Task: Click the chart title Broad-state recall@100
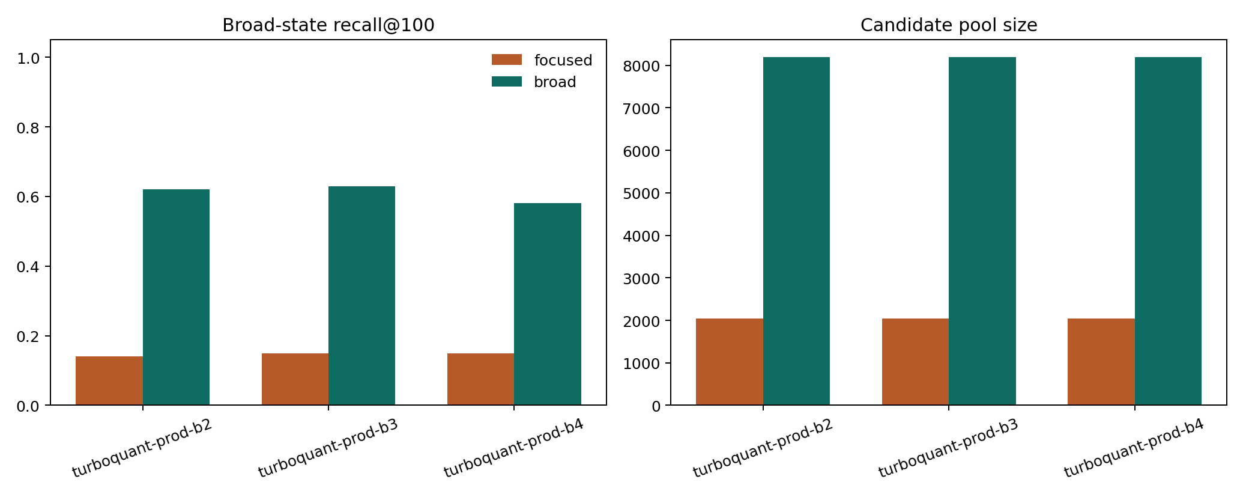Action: click(x=328, y=25)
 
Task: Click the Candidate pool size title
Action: click(x=948, y=25)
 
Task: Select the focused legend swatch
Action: click(x=506, y=60)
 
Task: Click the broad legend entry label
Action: click(x=554, y=82)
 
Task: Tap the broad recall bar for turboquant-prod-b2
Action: click(x=176, y=297)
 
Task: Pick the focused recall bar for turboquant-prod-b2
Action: click(x=109, y=381)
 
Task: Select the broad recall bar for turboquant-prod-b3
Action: click(x=361, y=296)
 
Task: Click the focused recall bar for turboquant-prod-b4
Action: click(x=480, y=379)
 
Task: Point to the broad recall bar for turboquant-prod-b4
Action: click(x=547, y=304)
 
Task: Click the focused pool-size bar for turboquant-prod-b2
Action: click(x=729, y=362)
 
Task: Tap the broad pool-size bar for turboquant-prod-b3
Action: click(x=982, y=231)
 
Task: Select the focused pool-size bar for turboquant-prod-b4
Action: click(x=1101, y=362)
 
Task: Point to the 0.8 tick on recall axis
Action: click(x=28, y=128)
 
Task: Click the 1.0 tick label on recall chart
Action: click(x=28, y=58)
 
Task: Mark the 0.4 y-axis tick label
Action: click(x=28, y=267)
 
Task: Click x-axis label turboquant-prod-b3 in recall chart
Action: click(x=328, y=449)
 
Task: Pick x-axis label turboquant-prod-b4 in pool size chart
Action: click(x=1134, y=449)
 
